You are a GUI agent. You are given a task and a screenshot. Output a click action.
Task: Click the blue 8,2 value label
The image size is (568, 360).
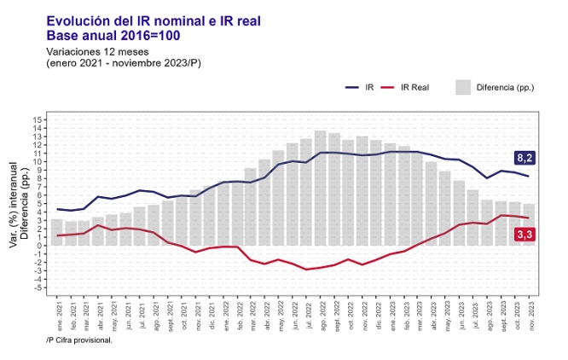click(x=525, y=158)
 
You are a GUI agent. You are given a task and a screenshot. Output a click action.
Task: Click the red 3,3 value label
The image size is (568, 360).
click(x=525, y=235)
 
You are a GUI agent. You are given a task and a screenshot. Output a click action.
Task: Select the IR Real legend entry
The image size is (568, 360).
click(x=414, y=88)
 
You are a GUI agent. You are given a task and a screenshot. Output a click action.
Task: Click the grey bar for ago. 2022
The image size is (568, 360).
click(x=321, y=188)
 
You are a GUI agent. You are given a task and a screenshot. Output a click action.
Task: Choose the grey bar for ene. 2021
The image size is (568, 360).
click(x=57, y=232)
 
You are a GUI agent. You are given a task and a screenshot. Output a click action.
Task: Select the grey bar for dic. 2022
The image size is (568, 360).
click(x=375, y=192)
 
